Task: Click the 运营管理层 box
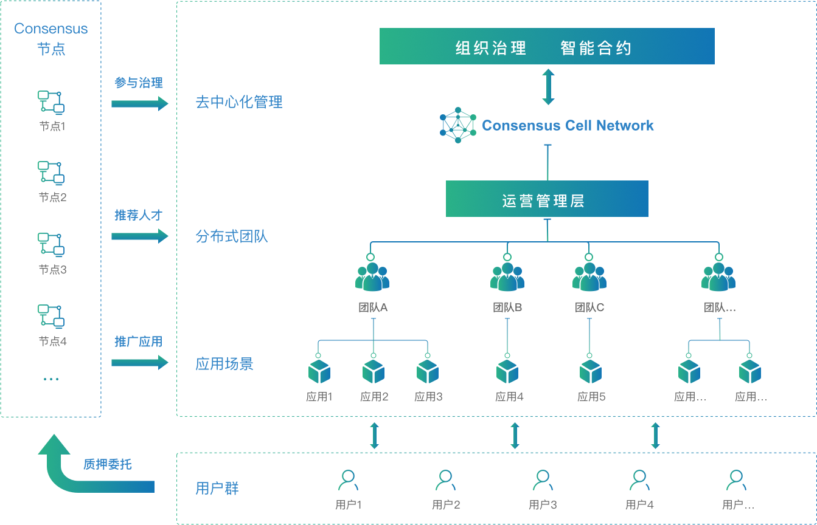[547, 199]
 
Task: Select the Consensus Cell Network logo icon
[457, 125]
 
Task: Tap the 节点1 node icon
[52, 102]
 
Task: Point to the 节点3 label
[52, 269]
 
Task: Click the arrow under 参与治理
[139, 103]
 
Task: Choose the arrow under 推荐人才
[139, 236]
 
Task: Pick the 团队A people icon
[372, 277]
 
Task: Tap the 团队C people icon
[589, 277]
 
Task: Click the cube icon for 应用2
[374, 371]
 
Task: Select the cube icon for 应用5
[590, 371]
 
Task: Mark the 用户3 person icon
[543, 481]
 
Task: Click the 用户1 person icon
[349, 481]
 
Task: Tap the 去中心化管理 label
[239, 102]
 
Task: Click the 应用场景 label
[224, 364]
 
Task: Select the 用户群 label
[217, 488]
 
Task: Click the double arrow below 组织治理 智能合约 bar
[548, 87]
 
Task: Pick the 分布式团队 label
[232, 236]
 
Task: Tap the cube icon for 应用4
[507, 371]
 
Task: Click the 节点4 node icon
[52, 316]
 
